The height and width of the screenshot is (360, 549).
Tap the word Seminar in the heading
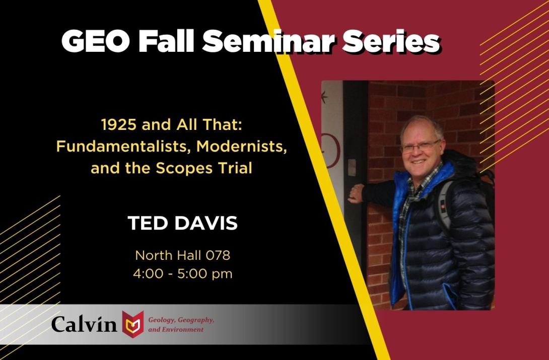269,41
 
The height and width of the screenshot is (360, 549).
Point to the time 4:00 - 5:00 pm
182,274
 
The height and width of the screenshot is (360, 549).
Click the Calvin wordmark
85,323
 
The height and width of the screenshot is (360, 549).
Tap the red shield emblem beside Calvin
133,323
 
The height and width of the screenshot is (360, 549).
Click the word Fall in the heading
167,41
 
